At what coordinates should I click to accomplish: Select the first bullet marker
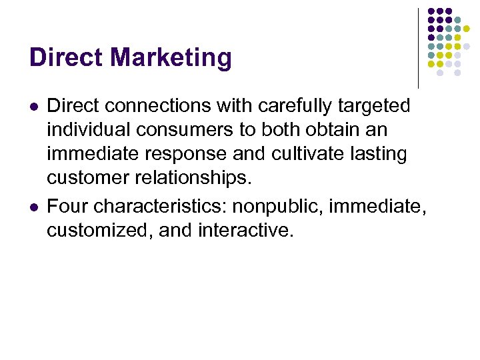point(33,107)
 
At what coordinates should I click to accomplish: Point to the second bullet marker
point(33,207)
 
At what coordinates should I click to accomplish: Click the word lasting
point(383,154)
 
